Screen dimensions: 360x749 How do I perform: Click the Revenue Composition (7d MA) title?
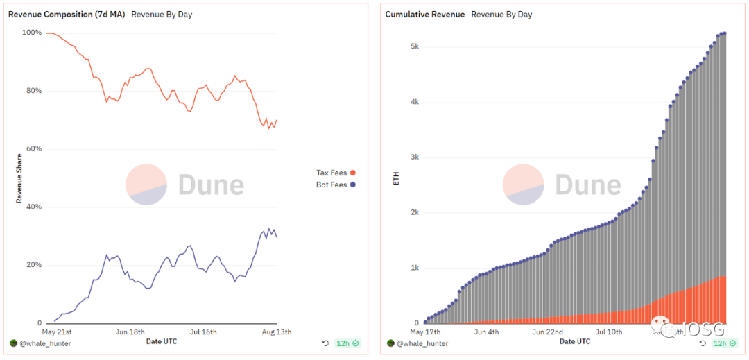(67, 15)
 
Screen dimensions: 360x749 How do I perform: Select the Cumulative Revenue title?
(424, 15)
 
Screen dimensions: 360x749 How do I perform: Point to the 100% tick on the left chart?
(32, 33)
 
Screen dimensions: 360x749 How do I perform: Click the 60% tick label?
(34, 149)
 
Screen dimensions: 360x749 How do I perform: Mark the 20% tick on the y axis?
(34, 265)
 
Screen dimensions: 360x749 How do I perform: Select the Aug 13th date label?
(276, 332)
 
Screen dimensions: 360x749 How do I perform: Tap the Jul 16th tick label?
(204, 332)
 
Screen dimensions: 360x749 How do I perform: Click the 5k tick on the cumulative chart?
(413, 46)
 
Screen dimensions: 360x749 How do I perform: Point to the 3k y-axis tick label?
(413, 157)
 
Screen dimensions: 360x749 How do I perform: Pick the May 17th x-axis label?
(426, 332)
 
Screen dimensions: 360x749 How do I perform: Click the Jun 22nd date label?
(547, 332)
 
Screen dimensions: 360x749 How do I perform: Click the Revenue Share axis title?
(19, 178)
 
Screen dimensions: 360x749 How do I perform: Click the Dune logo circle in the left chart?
(146, 185)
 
